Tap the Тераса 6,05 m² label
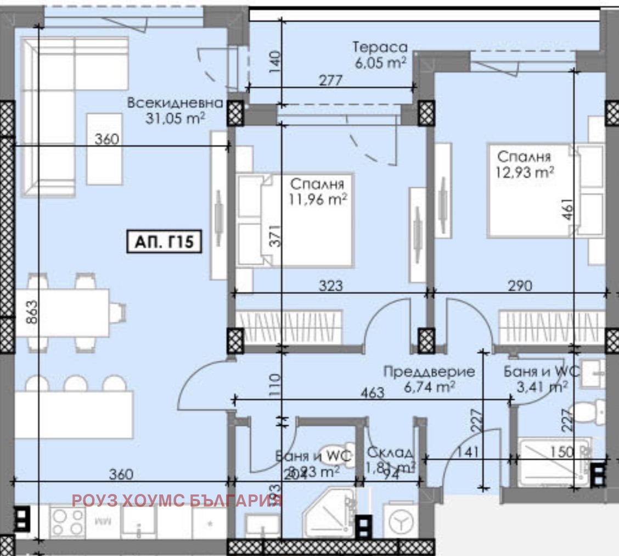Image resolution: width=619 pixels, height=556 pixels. tap(380, 55)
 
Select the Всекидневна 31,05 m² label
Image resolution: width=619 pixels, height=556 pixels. tap(175, 110)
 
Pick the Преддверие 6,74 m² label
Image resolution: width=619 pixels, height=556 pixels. tap(429, 379)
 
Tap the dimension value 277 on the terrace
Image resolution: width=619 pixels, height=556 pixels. tap(331, 81)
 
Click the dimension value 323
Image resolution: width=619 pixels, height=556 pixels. tap(331, 286)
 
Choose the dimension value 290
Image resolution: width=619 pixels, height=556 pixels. tap(520, 286)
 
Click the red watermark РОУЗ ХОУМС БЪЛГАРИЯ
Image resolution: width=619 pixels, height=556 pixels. tap(177, 501)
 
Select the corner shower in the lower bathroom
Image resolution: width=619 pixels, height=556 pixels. tap(328, 514)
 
